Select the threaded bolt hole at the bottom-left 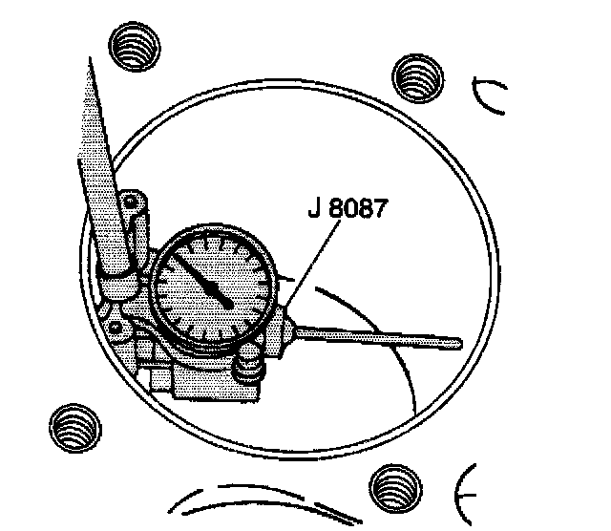point(74,426)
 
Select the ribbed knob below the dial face point(251,364)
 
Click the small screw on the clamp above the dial point(132,201)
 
